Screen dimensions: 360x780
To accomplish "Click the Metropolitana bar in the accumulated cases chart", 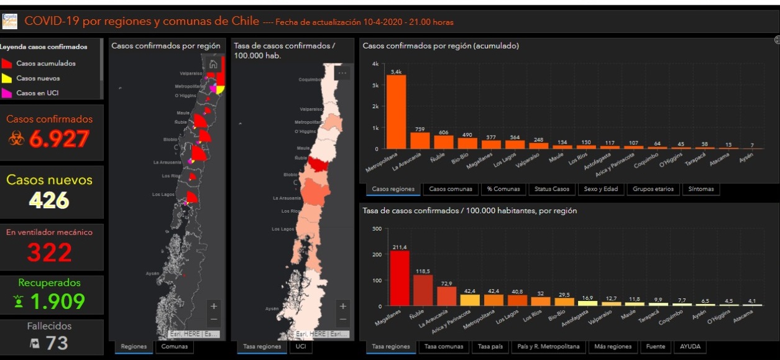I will [396, 112].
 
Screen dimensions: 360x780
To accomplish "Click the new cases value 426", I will [49, 200].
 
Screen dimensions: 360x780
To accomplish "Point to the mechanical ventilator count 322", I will [49, 252].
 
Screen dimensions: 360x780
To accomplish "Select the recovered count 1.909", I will [57, 302].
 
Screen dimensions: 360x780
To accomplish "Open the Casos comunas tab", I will [450, 189].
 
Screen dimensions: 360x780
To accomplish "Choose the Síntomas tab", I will [700, 189].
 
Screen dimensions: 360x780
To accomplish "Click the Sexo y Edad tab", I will [601, 189].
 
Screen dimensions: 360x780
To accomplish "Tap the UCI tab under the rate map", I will [301, 346].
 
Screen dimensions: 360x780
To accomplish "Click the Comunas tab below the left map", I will [174, 346].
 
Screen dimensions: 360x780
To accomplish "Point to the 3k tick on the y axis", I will [375, 85].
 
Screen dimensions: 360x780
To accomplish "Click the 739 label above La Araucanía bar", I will [420, 128].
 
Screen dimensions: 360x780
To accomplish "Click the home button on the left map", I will [213, 63].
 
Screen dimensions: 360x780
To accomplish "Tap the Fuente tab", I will [656, 346].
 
